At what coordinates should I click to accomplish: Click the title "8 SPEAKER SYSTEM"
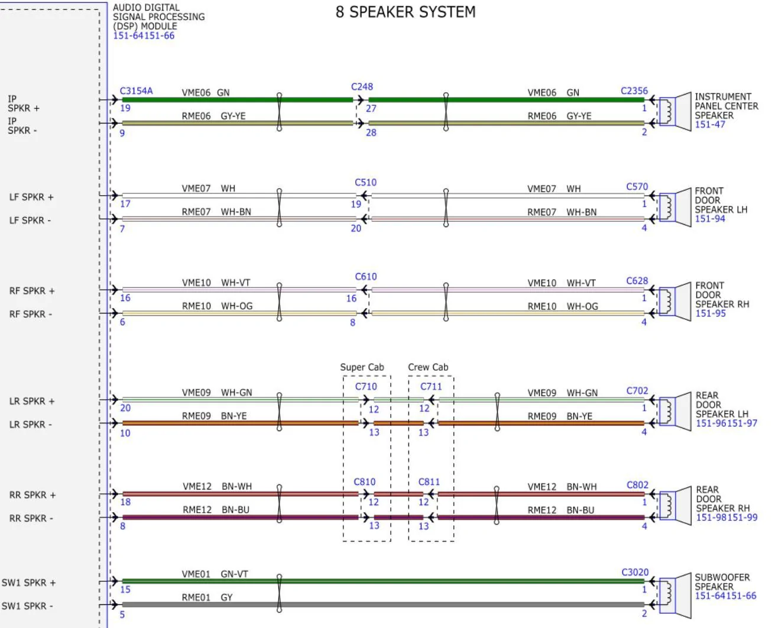click(x=406, y=12)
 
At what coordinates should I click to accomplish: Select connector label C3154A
click(x=136, y=91)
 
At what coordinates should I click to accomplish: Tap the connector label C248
click(x=362, y=87)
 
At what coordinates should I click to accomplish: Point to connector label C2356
click(x=634, y=91)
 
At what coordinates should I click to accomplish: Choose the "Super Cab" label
click(x=362, y=367)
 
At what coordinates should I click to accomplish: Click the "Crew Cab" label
click(x=428, y=367)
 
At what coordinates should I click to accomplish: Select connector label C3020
click(x=634, y=572)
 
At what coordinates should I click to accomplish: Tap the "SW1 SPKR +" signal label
click(x=28, y=583)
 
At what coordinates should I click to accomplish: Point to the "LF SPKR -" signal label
click(x=30, y=221)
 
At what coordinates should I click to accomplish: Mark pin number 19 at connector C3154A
click(x=125, y=108)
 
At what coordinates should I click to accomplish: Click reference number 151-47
click(x=709, y=125)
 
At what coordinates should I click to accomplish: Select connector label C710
click(x=366, y=387)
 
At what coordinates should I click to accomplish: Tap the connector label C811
click(x=429, y=482)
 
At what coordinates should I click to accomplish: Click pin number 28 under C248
click(x=371, y=132)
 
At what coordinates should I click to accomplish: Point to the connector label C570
click(x=637, y=187)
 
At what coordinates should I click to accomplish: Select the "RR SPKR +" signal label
click(x=33, y=496)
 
